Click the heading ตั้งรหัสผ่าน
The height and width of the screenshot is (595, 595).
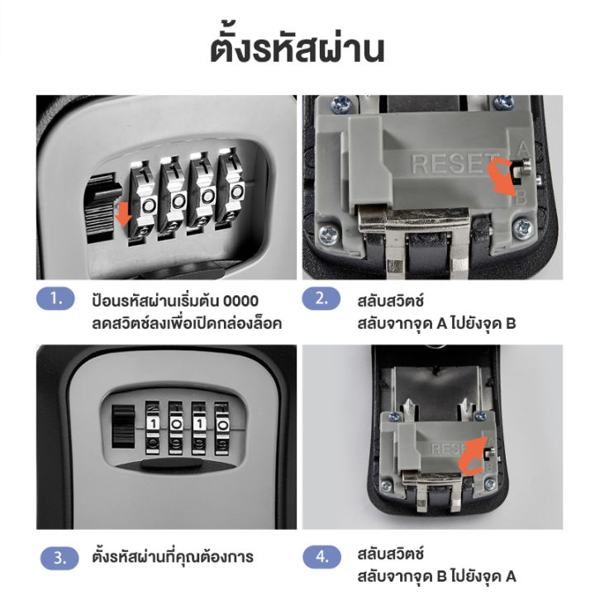297,48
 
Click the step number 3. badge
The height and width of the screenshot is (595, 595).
59,557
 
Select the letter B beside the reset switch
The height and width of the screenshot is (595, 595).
521,198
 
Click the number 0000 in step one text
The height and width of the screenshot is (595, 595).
240,300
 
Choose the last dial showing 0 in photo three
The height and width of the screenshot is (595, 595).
221,422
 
